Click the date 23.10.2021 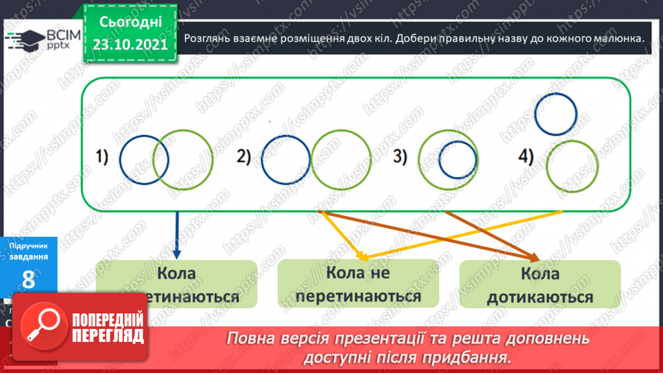point(130,45)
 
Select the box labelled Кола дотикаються point(539,285)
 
